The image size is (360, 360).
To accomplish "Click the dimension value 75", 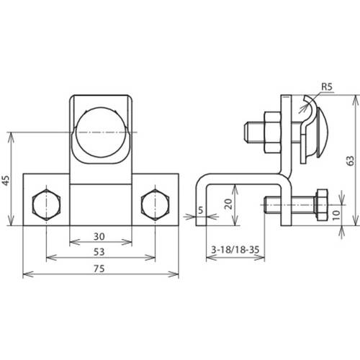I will (x=101, y=269).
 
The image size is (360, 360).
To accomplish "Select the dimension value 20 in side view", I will (x=228, y=203).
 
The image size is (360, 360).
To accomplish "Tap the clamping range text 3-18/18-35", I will (x=235, y=250).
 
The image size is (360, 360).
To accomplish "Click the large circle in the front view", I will (x=101, y=132).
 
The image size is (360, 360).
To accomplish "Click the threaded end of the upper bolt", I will (x=252, y=132).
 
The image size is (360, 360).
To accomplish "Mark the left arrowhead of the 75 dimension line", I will (x=27, y=274).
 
